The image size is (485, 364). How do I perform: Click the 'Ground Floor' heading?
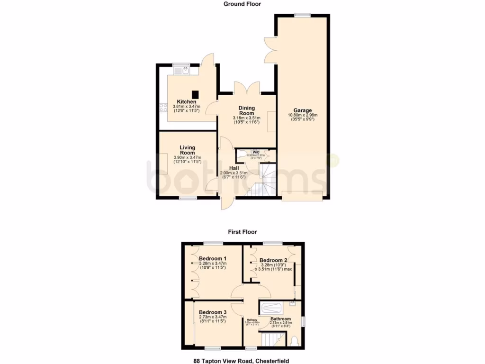tap(242, 4)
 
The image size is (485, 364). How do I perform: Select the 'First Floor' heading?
tap(242, 232)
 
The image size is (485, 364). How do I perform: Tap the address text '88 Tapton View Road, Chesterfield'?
tap(242, 360)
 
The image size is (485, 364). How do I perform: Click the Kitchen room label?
tap(187, 102)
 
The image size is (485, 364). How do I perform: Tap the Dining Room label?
tap(246, 110)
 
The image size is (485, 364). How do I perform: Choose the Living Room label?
tap(187, 150)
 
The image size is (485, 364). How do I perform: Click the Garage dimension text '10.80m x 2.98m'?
tap(302, 115)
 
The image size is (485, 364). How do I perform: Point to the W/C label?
tap(256, 152)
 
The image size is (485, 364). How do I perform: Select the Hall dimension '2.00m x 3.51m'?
tap(234, 173)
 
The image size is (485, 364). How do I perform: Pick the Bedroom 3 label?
tap(212, 312)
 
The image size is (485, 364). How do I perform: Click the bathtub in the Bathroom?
tap(274, 307)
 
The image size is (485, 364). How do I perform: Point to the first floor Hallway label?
tap(251, 320)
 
